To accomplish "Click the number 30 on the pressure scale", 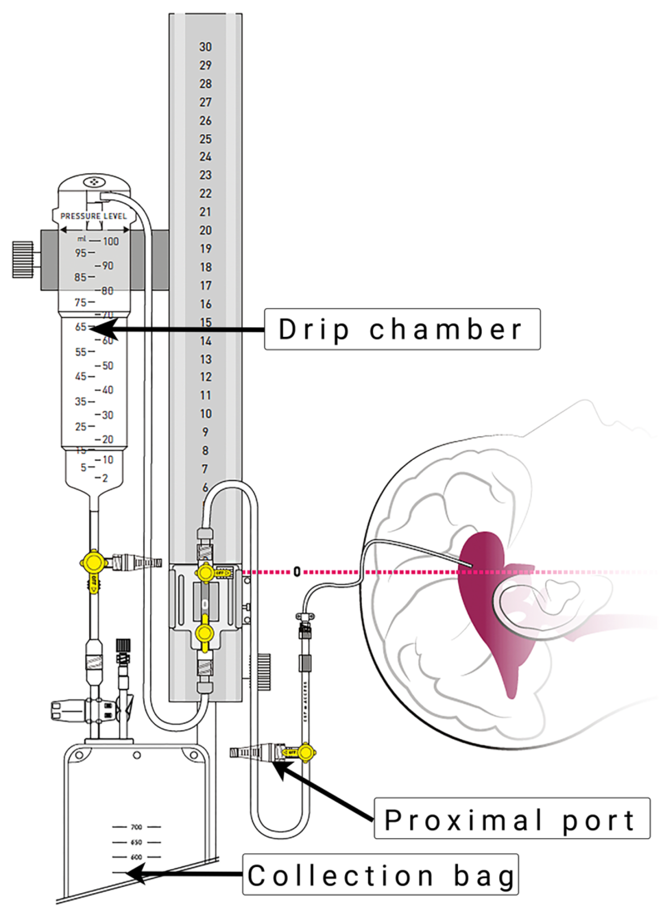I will (x=205, y=47).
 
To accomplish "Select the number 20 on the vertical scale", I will (x=205, y=230).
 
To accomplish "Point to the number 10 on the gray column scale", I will (x=205, y=414).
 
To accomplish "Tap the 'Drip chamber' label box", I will (x=402, y=329).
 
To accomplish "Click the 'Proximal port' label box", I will (x=511, y=818).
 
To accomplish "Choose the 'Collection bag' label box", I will (x=380, y=875).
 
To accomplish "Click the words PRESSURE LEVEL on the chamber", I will (x=93, y=216).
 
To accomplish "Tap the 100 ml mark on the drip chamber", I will (x=111, y=241).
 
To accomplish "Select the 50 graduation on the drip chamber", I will (x=107, y=366).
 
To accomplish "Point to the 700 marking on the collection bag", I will (x=137, y=827).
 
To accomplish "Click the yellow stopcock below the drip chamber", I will (x=93, y=563).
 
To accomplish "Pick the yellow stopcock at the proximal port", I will (x=306, y=753).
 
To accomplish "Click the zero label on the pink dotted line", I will (x=297, y=572).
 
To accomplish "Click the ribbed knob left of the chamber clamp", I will (x=23, y=260).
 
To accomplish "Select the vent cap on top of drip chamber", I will (x=94, y=182).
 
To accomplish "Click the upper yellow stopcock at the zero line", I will (x=205, y=573).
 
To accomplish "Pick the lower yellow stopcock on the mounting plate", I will (x=204, y=633).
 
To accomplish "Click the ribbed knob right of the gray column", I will (x=264, y=672).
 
